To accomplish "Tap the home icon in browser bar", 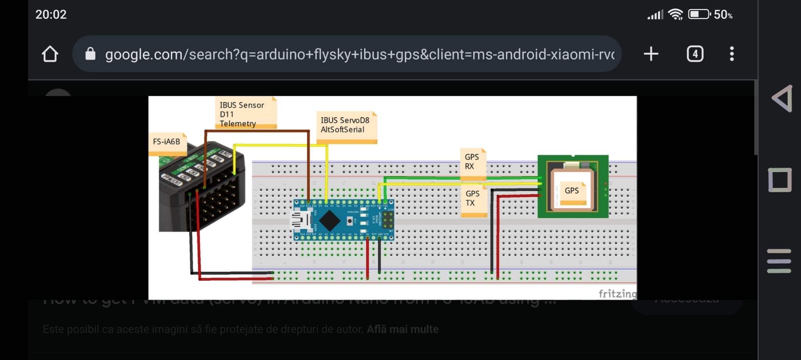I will [x=50, y=54].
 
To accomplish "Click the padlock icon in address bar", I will [x=90, y=54].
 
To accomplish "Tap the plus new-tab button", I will [x=651, y=54].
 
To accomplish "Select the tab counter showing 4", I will [x=695, y=54].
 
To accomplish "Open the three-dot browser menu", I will [x=732, y=54].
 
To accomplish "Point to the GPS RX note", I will [x=472, y=162].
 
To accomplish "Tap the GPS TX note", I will [x=473, y=199].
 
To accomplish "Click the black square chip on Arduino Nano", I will [x=330, y=220].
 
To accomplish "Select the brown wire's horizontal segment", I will [x=257, y=131].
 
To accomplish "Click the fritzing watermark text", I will [x=617, y=294].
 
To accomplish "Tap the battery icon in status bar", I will [x=699, y=14].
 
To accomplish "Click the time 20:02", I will [x=51, y=14].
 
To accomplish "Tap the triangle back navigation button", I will [x=782, y=98].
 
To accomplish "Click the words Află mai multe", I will [x=402, y=330].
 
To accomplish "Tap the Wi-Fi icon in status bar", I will [x=675, y=14].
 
